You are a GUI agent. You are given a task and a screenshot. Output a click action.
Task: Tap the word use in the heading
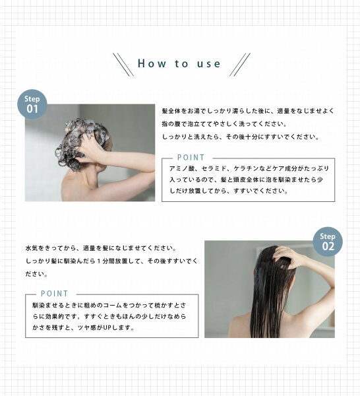point(208,64)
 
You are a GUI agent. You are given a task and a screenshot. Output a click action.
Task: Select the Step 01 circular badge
point(32,104)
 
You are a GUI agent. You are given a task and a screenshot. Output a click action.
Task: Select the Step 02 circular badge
point(328,242)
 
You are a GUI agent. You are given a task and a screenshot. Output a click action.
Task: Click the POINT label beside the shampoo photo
point(191,158)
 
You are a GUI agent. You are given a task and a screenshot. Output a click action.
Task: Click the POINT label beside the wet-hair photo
point(55,294)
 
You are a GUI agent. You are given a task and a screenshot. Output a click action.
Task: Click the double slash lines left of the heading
point(123,65)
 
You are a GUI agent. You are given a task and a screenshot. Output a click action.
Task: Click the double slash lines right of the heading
point(240,65)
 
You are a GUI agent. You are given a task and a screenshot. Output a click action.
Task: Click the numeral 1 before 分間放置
point(99,261)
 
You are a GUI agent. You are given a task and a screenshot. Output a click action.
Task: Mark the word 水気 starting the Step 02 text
point(32,248)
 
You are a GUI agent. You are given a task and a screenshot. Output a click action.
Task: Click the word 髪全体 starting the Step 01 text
point(171,111)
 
